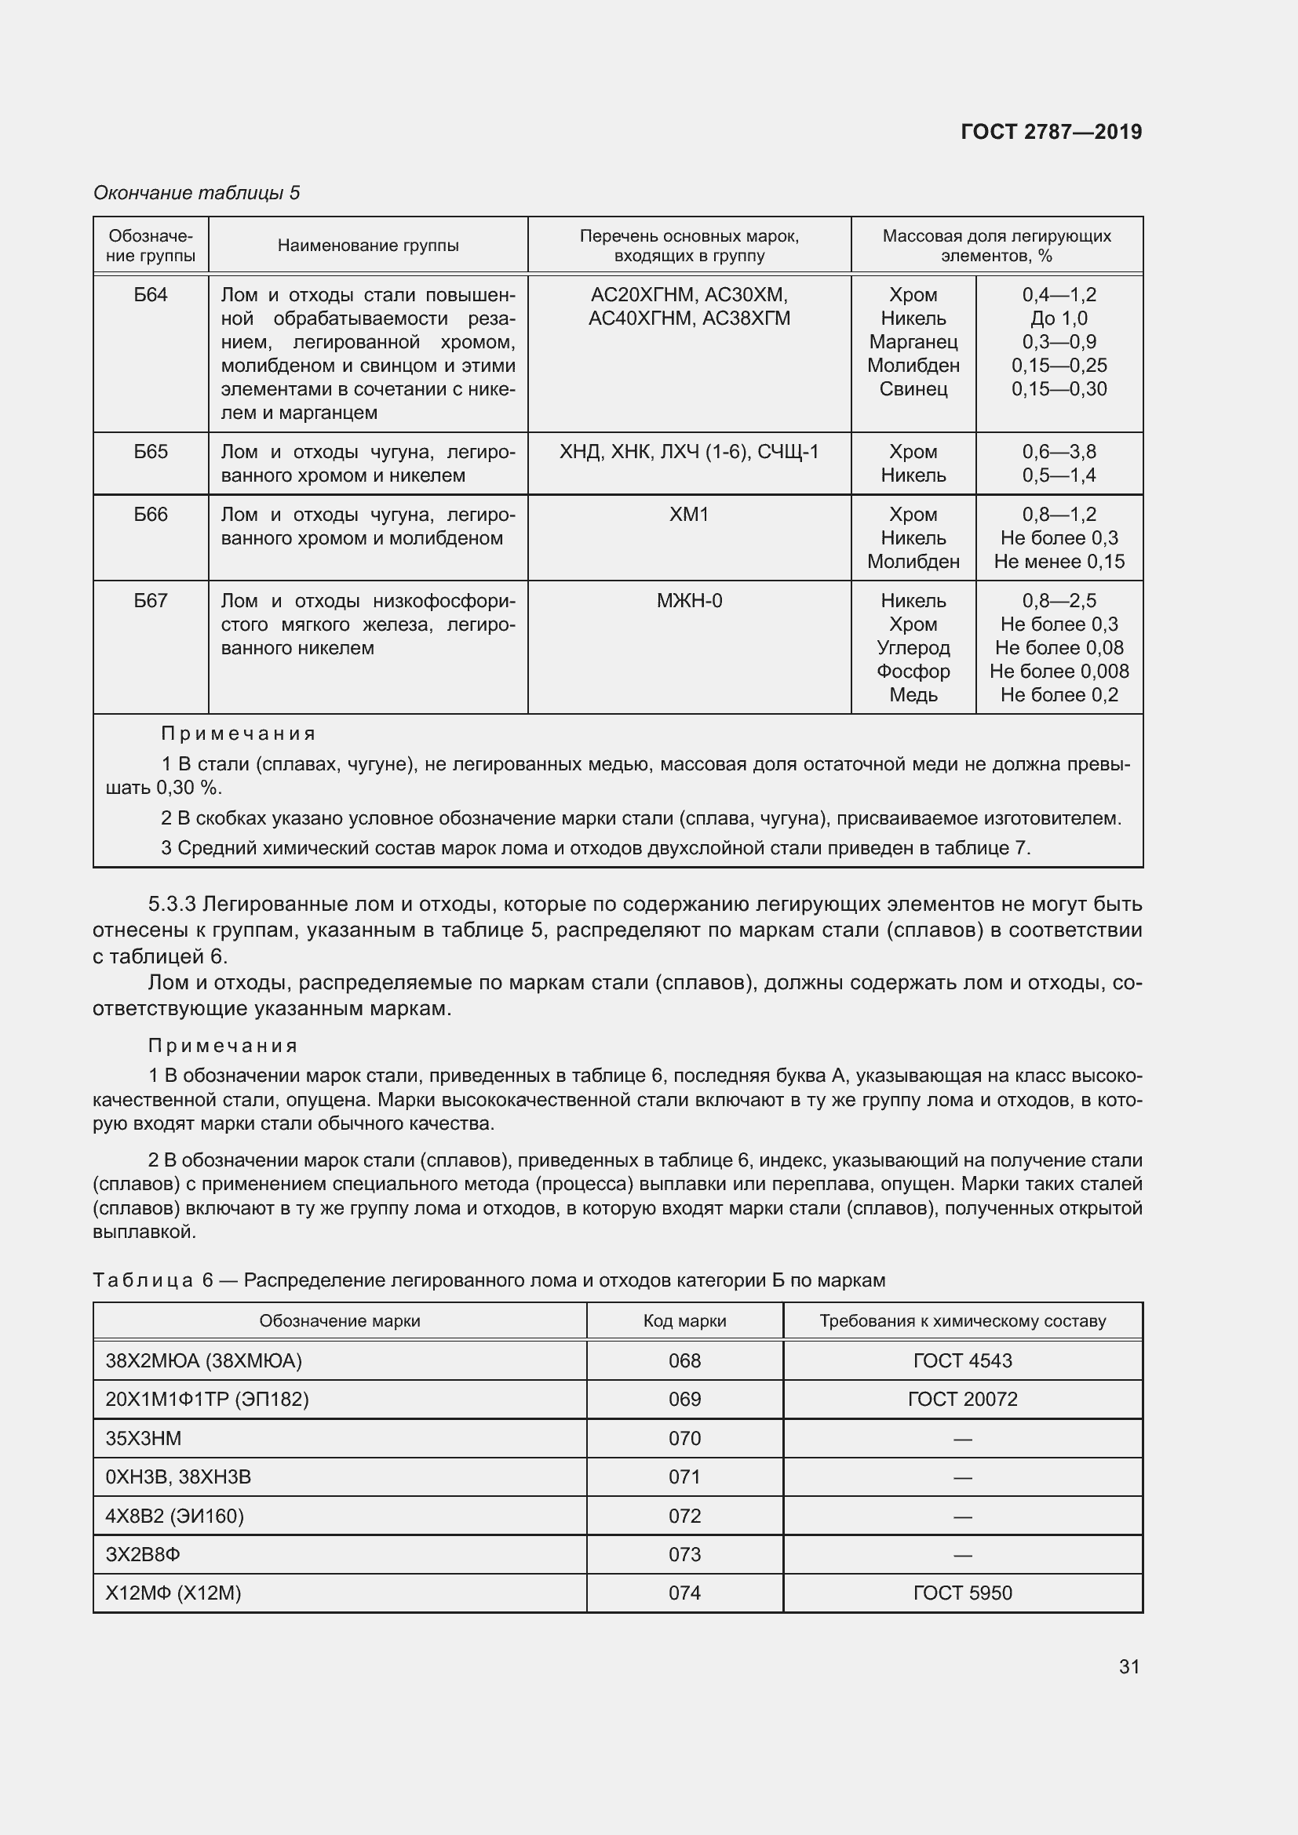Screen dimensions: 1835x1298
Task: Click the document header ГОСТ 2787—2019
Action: pyautogui.click(x=1050, y=132)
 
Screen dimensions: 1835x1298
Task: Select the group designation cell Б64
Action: pyautogui.click(x=150, y=295)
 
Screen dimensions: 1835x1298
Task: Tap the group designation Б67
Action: pyautogui.click(x=150, y=600)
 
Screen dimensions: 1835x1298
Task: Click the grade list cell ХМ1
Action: pyautogui.click(x=689, y=515)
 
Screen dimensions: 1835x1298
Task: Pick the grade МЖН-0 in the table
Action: pyautogui.click(x=689, y=600)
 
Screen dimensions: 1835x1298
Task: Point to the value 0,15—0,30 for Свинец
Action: pyautogui.click(x=1058, y=389)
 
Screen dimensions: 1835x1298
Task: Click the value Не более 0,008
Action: pyautogui.click(x=1058, y=672)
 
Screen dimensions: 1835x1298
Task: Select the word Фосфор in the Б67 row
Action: pyautogui.click(x=913, y=672)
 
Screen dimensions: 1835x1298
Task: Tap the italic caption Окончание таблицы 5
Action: pyautogui.click(x=197, y=193)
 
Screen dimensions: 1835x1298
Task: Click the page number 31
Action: pyautogui.click(x=1128, y=1666)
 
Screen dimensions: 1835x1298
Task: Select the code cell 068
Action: pyautogui.click(x=684, y=1360)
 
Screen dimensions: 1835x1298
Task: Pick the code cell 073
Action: pyautogui.click(x=684, y=1554)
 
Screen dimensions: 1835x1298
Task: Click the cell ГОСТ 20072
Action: pyautogui.click(x=962, y=1399)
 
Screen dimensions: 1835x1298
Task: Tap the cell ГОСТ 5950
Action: pyautogui.click(x=962, y=1593)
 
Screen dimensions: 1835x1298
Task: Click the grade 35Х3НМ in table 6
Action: pyautogui.click(x=144, y=1438)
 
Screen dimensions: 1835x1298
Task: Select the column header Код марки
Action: pyautogui.click(x=684, y=1321)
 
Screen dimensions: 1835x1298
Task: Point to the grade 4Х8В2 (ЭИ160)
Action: pyautogui.click(x=174, y=1516)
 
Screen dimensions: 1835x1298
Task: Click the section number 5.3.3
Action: pyautogui.click(x=172, y=904)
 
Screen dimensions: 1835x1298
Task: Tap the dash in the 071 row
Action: pyautogui.click(x=962, y=1478)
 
